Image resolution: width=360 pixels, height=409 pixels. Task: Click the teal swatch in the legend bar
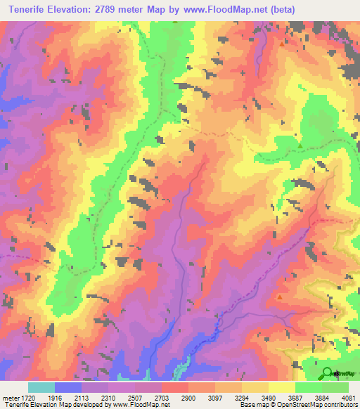41,387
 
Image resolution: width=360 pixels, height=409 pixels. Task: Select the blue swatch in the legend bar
68,387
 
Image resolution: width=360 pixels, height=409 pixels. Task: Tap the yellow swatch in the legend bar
282,387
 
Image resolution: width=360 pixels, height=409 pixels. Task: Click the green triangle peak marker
300,146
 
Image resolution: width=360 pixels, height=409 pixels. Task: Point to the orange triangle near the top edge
282,44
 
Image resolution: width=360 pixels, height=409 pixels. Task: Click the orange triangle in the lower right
280,297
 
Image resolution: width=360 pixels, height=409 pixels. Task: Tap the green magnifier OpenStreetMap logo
327,372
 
